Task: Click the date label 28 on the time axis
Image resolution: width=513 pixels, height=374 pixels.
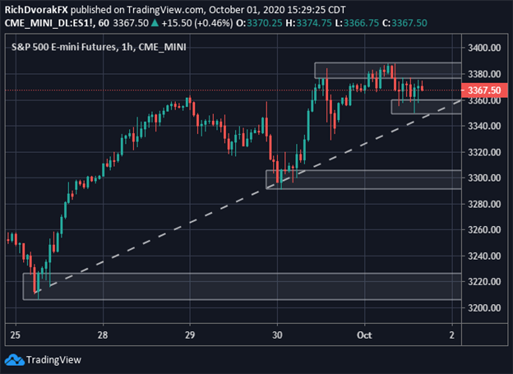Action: coord(102,335)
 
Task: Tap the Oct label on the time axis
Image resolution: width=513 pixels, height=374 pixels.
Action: coord(365,335)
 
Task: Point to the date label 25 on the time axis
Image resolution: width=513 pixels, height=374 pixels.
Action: coord(14,335)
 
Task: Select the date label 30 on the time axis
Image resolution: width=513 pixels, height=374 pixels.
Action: coord(277,335)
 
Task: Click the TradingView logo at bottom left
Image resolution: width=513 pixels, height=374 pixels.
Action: coord(37,359)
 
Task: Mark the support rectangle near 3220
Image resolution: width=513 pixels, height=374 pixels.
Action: coord(238,286)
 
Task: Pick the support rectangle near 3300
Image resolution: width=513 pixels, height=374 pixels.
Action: coord(362,179)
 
